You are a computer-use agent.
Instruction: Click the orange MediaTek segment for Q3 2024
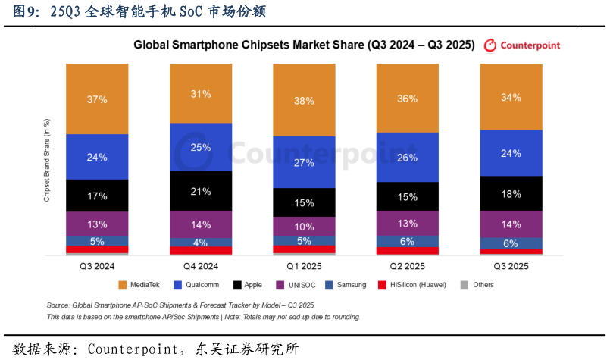coord(97,99)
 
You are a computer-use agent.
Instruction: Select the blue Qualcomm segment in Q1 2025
coord(304,162)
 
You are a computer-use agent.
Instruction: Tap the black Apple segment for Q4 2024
coord(201,191)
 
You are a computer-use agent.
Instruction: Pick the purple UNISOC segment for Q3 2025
coord(511,224)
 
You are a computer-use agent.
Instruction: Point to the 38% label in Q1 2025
coord(304,101)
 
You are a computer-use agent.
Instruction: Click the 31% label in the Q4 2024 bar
coord(201,94)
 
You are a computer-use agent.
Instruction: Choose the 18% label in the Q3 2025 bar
coord(511,194)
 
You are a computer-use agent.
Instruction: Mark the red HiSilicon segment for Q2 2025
coord(408,251)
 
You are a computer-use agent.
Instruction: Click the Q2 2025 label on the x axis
coord(408,266)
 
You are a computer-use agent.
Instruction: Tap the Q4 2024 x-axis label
coord(201,266)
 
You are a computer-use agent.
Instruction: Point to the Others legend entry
coord(477,285)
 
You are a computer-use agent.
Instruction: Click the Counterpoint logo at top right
coord(522,45)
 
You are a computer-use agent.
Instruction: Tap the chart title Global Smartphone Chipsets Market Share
coord(304,45)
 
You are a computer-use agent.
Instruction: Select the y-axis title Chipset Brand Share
coord(47,160)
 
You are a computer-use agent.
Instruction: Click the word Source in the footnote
coord(58,305)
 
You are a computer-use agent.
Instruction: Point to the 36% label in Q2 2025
coord(408,99)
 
